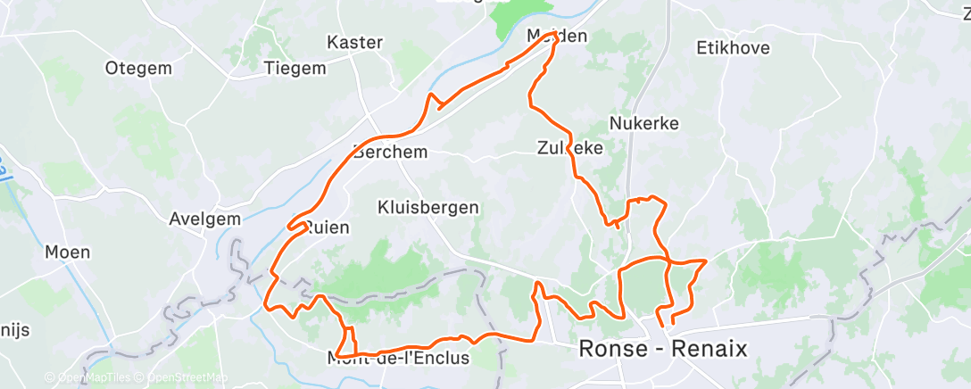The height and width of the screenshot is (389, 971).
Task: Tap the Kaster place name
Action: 355,42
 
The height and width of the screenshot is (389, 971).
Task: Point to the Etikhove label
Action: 733,47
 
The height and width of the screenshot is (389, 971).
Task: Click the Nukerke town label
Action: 644,122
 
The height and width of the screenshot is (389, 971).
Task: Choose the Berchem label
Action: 391,151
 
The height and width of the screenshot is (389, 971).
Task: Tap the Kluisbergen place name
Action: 428,207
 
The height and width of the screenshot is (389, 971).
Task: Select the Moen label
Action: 68,252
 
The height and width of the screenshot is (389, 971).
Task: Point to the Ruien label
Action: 328,228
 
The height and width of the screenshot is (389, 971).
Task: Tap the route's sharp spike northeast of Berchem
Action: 433,95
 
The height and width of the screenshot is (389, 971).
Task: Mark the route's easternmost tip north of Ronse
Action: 706,261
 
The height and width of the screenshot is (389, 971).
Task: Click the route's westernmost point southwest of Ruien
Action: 265,306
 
